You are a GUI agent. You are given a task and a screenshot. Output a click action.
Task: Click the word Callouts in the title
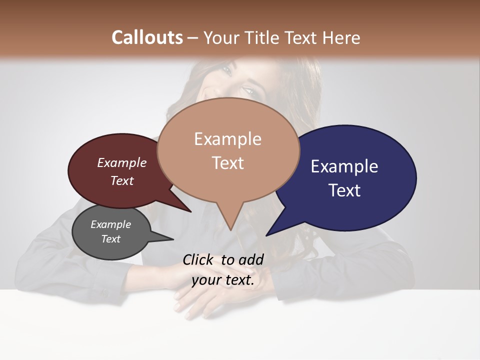[147, 37]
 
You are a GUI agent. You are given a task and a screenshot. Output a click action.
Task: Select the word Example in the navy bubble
[344, 166]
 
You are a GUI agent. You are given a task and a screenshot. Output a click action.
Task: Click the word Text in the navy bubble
[344, 190]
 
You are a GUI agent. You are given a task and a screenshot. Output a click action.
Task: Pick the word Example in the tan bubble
[227, 139]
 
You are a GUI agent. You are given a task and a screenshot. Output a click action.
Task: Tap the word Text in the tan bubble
[227, 163]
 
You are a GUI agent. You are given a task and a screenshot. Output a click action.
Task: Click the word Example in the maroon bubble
[122, 162]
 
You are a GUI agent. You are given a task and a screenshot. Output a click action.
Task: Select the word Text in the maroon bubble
[122, 180]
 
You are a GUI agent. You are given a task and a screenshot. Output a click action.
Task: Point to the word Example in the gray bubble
[110, 224]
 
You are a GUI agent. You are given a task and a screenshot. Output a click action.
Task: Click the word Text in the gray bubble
[110, 239]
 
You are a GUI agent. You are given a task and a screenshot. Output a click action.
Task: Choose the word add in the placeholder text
[251, 259]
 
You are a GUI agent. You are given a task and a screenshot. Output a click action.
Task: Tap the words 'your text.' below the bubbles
[223, 280]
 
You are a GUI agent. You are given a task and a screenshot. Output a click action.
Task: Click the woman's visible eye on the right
[247, 91]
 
